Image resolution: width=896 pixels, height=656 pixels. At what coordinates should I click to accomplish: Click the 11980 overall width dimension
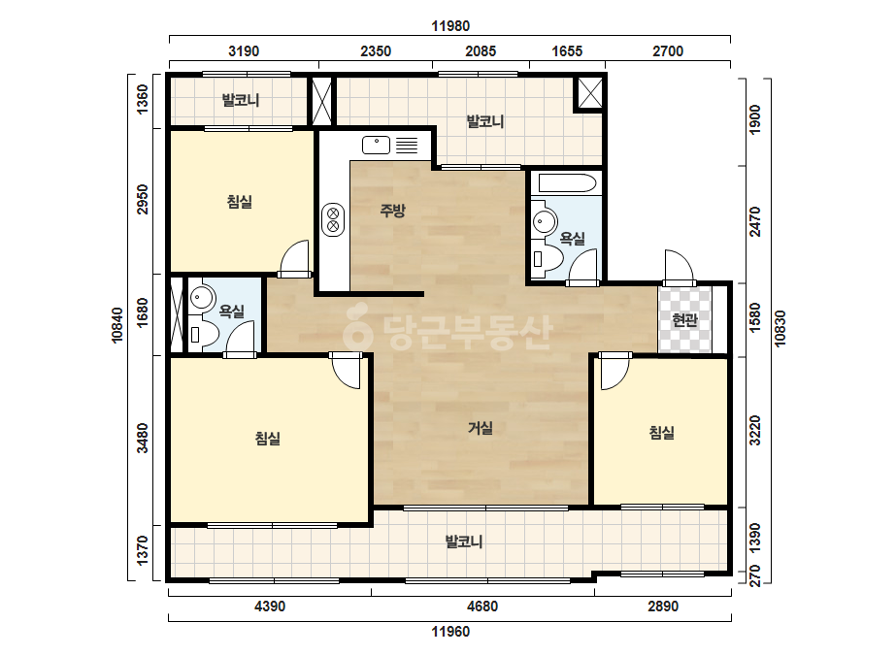pos(450,26)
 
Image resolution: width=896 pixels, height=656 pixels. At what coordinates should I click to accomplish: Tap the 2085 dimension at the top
pos(481,51)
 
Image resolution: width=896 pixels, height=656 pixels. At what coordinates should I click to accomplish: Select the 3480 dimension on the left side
pos(143,438)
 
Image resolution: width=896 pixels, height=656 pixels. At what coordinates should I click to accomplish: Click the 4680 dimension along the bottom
pos(482,607)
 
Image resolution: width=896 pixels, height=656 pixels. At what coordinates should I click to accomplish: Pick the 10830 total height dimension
pos(780,329)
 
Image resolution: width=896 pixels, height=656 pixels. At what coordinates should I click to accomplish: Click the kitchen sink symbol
pos(376,145)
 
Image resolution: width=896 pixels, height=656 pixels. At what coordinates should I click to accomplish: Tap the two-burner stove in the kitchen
pos(333,219)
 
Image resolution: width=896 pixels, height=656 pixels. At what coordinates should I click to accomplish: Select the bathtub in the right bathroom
pos(568,183)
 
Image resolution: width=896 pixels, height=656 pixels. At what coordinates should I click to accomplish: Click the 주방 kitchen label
pos(392,211)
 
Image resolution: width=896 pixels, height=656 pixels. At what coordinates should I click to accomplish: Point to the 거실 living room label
pos(481,427)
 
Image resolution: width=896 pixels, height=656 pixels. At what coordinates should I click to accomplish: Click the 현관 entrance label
pos(684,320)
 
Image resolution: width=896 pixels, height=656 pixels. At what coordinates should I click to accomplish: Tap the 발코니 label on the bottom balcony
pos(464,541)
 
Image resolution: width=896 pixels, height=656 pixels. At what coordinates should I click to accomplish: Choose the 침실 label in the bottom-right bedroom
pos(662,433)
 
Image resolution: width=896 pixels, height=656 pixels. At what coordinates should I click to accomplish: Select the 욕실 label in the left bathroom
pos(232,312)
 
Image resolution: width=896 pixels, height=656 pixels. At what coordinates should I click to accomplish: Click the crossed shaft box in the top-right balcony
pos(589,92)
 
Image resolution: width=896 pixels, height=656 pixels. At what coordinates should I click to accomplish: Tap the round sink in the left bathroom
pos(202,297)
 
